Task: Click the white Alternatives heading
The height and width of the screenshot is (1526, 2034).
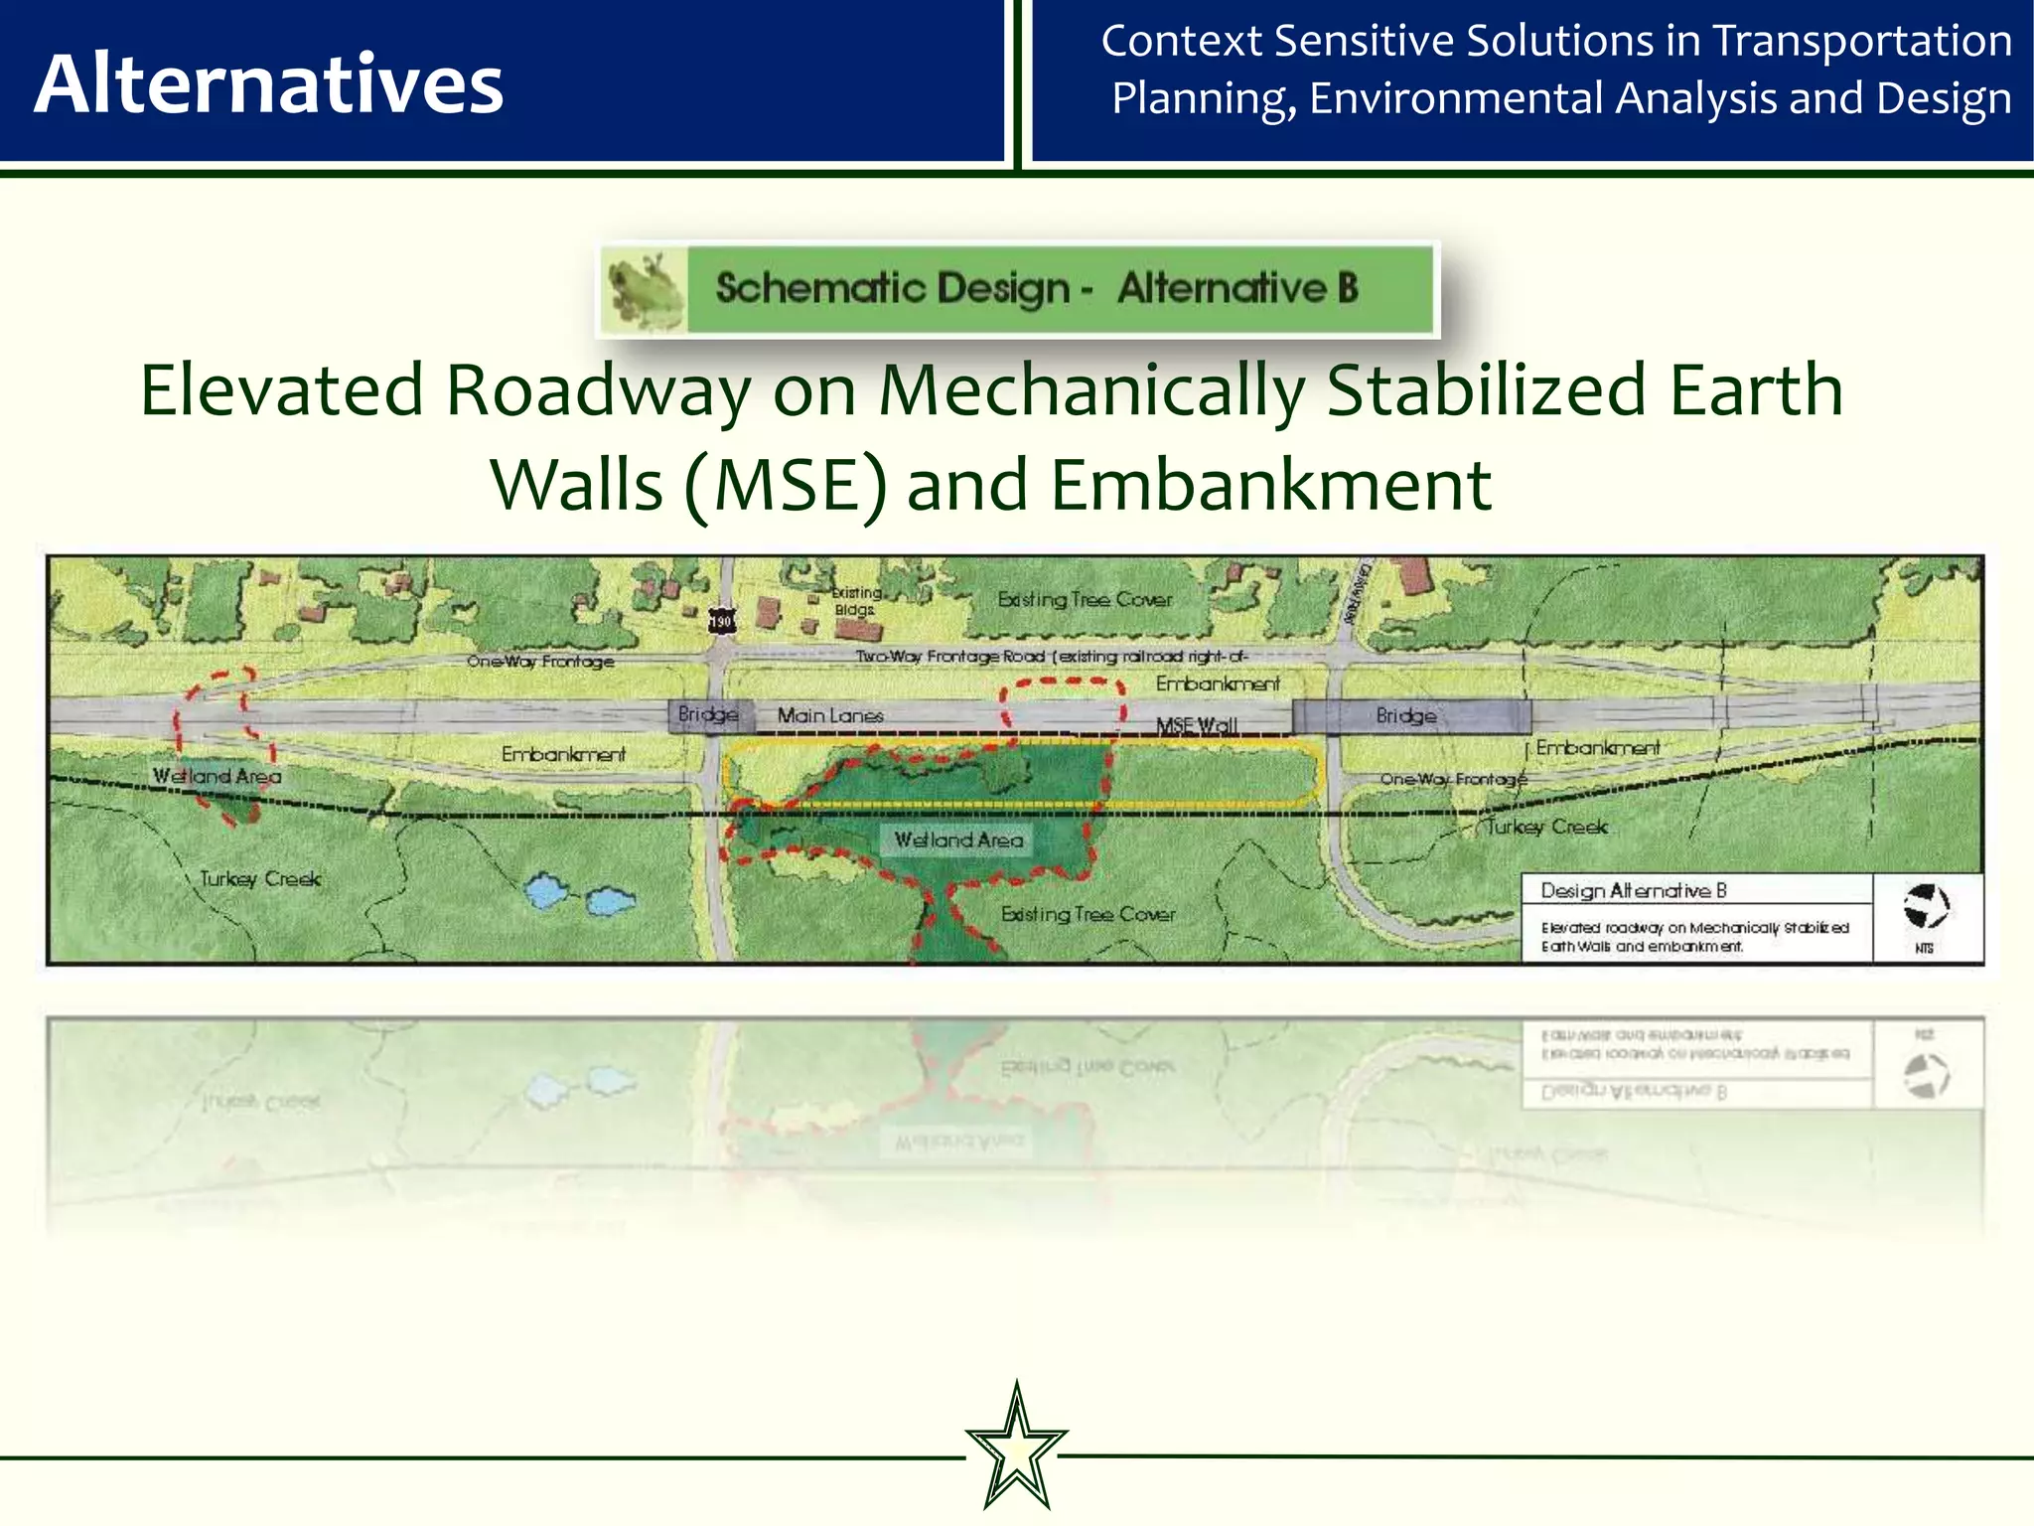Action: pyautogui.click(x=268, y=84)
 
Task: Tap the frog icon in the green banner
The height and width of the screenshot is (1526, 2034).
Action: pyautogui.click(x=644, y=288)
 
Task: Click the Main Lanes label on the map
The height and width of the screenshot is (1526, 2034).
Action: pyautogui.click(x=830, y=715)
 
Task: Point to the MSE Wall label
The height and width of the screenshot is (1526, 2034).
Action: pyautogui.click(x=1197, y=725)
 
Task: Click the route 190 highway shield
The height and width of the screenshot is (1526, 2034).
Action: pyautogui.click(x=721, y=622)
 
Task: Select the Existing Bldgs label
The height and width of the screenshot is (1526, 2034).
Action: pyautogui.click(x=855, y=601)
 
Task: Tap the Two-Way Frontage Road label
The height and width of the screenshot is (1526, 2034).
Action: pyautogui.click(x=1051, y=656)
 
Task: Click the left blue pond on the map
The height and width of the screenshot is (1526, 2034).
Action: pyautogui.click(x=545, y=892)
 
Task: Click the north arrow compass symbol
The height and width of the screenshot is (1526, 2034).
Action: pyautogui.click(x=1926, y=905)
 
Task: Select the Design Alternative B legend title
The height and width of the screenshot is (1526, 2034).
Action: pyautogui.click(x=1633, y=890)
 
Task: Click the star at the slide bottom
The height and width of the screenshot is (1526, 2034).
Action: pyautogui.click(x=1016, y=1448)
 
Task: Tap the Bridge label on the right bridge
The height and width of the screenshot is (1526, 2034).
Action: pyautogui.click(x=1405, y=715)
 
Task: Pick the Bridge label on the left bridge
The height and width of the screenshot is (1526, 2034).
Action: pyautogui.click(x=707, y=714)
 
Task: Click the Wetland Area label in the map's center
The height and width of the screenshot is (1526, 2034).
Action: pyautogui.click(x=958, y=840)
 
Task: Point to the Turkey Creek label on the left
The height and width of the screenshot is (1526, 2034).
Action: pyautogui.click(x=260, y=879)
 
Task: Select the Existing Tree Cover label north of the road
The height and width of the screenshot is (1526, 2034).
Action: pyautogui.click(x=1085, y=600)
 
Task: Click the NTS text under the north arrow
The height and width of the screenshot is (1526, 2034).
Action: pyautogui.click(x=1924, y=949)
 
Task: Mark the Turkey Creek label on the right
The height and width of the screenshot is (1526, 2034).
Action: pyautogui.click(x=1545, y=827)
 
